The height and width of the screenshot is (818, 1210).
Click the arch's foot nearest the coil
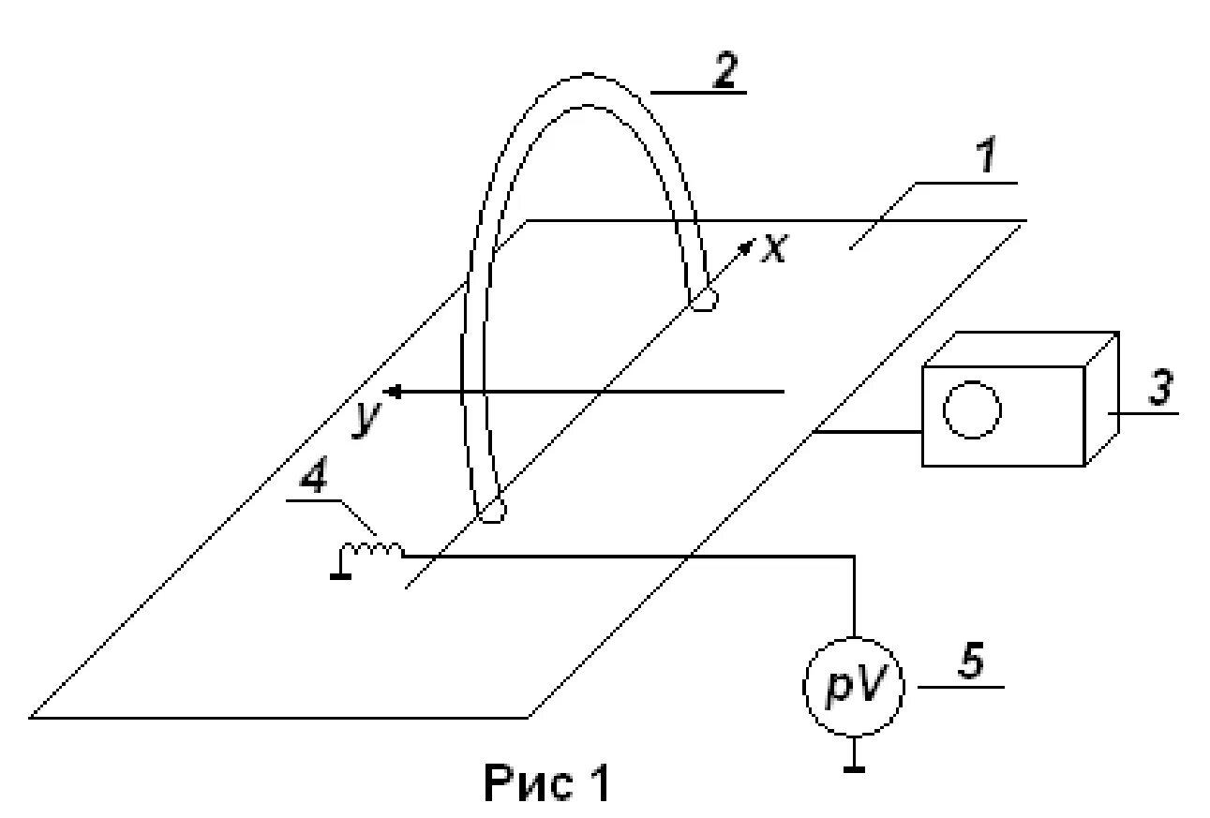tap(491, 512)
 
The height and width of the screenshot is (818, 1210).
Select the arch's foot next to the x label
tap(703, 300)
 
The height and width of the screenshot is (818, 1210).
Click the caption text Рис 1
tap(545, 783)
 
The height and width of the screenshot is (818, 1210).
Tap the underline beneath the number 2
tap(698, 93)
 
